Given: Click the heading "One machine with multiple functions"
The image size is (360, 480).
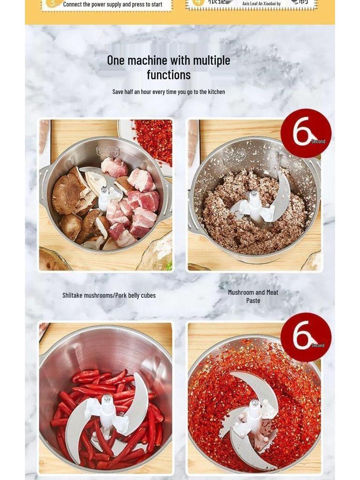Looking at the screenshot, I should [x=168, y=67].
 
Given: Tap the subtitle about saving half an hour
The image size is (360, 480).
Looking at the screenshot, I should [x=168, y=92].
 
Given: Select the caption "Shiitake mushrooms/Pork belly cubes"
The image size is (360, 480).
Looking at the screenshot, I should [x=109, y=295].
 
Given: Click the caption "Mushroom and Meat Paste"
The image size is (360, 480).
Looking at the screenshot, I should [x=253, y=296].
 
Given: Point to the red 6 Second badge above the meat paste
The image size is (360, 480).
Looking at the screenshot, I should [x=306, y=133].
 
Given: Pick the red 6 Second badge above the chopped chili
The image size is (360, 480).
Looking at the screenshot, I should [x=306, y=337].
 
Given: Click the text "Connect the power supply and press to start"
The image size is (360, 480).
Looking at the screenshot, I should [x=112, y=5].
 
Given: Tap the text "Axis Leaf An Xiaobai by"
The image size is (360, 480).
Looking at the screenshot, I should [x=261, y=4].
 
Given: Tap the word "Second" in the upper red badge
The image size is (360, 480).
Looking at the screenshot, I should [x=318, y=142].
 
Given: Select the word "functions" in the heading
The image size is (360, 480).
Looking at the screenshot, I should [x=168, y=75].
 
